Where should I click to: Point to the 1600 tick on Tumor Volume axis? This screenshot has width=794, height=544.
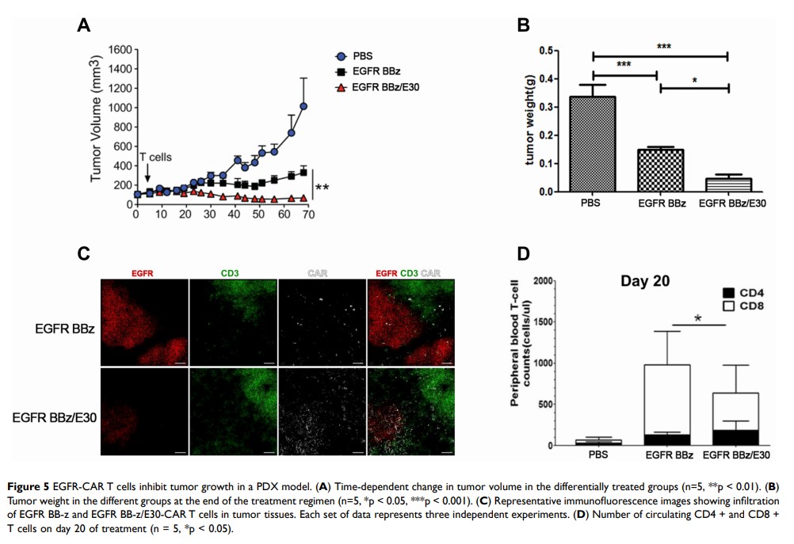[117, 50]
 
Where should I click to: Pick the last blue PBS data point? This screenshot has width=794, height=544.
[303, 106]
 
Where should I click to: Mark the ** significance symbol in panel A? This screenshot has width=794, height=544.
[323, 188]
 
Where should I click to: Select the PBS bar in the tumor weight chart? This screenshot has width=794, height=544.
[592, 143]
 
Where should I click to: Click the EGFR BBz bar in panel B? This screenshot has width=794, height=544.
[659, 170]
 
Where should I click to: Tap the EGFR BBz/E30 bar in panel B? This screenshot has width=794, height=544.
[727, 185]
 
